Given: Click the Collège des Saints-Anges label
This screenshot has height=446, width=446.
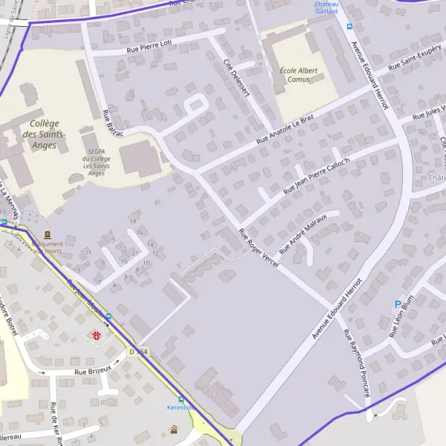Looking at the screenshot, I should pyautogui.click(x=44, y=135).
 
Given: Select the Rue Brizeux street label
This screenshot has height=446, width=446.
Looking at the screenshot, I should pyautogui.click(x=92, y=369).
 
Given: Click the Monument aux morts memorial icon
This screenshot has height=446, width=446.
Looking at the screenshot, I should pyautogui.click(x=48, y=233).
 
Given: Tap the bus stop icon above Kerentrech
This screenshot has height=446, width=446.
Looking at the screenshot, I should pyautogui.click(x=181, y=399).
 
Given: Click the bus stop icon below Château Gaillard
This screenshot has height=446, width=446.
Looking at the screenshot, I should pyautogui.click(x=349, y=27).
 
